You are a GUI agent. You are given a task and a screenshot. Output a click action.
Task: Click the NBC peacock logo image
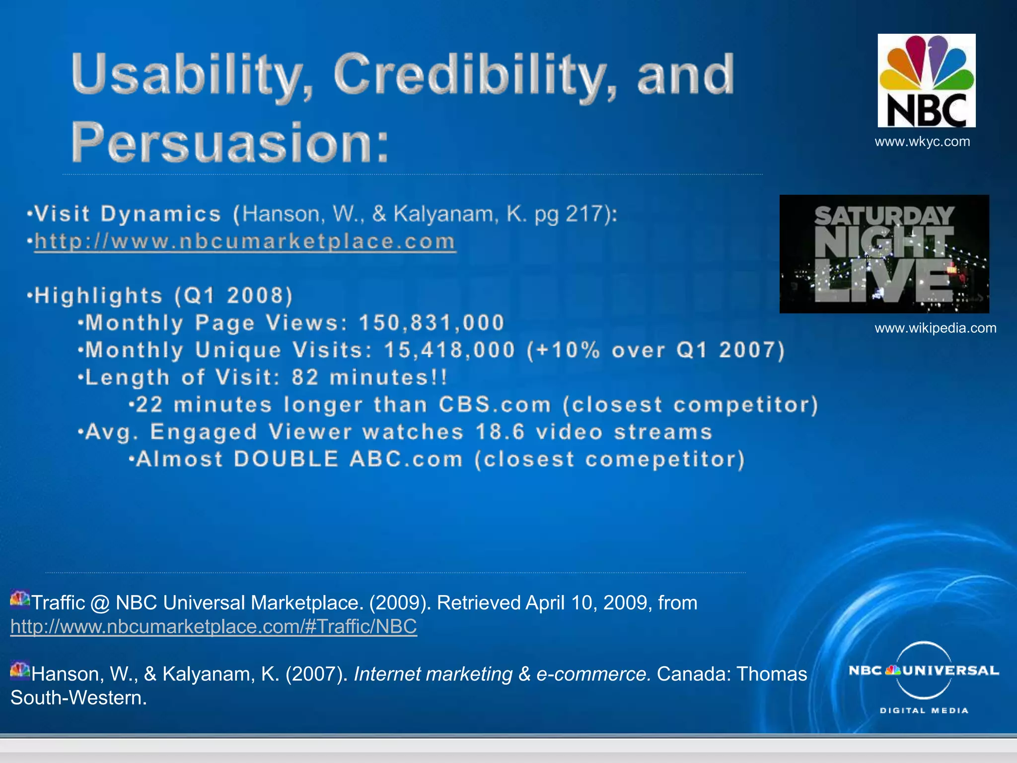coord(926,80)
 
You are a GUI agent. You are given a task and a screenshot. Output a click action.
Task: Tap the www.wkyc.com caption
coord(922,142)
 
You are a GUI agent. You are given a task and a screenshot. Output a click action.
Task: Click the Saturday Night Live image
coord(884,254)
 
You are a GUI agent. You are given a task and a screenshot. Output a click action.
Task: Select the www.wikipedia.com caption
coord(935,328)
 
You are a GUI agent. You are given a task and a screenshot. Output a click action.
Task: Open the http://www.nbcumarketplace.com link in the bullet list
coord(245,241)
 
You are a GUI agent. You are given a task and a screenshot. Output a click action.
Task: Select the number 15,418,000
coord(449,350)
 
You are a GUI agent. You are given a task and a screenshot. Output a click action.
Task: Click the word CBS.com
coord(495,405)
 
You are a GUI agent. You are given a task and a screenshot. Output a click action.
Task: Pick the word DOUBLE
coord(287,459)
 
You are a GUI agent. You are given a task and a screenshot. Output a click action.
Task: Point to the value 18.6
coord(500,432)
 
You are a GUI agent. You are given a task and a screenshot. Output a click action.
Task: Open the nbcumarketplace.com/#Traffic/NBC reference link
coord(214,626)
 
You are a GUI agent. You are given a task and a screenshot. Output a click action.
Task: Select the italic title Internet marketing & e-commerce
coord(502,674)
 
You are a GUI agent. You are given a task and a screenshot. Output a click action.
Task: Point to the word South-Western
coord(78,698)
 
